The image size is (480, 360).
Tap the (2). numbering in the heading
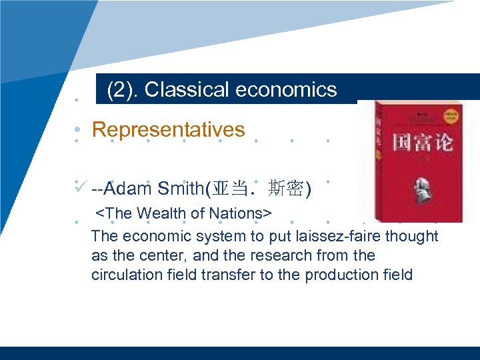(122, 89)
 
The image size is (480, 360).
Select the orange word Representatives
(169, 129)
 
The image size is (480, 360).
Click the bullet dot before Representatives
(78, 130)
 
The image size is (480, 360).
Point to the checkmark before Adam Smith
(81, 186)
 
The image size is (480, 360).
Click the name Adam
(133, 189)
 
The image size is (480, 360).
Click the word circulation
(127, 275)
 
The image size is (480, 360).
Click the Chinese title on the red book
(417, 143)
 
